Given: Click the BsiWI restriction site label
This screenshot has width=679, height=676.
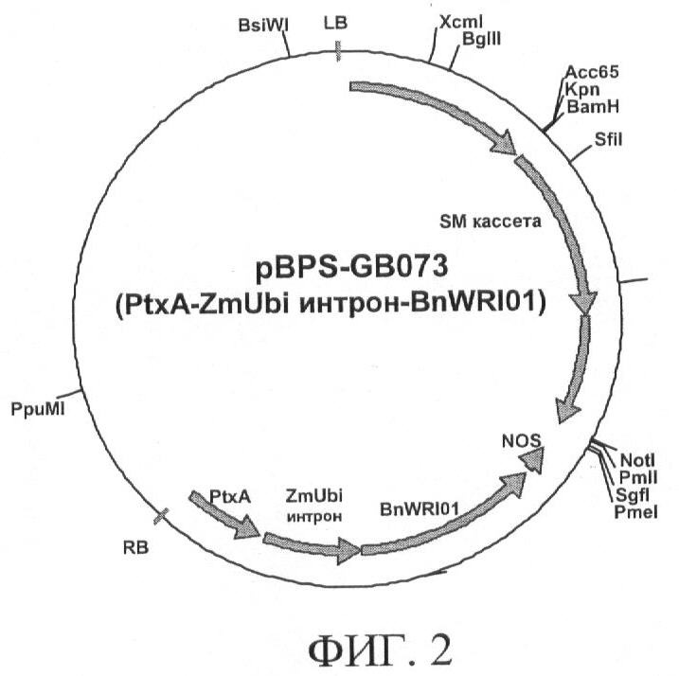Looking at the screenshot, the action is coord(263,26).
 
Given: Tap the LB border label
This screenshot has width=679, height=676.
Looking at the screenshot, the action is coord(335,23).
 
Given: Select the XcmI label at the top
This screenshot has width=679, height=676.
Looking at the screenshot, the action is coord(461,22).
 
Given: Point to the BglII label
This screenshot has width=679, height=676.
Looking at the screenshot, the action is coord(481,40).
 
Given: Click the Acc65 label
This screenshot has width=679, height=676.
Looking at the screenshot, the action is coord(593,72).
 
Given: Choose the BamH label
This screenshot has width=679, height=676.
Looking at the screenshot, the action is coord(593,107).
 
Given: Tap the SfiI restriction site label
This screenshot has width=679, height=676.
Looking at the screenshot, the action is coord(608,140).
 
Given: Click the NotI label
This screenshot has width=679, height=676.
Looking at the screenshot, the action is coord(637,460).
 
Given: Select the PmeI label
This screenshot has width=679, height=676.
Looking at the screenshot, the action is coord(635,512).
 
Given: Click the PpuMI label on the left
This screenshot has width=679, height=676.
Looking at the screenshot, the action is coord(38,409).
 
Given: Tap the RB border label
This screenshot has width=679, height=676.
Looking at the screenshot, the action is coord(136,547).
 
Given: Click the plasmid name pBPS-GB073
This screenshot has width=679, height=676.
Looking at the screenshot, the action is coord(351,266).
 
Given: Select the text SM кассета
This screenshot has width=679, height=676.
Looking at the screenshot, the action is coord(491,222).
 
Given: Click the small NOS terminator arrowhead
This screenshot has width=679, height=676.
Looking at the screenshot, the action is coord(532,460).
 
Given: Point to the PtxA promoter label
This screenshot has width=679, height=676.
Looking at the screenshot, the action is coord(230,496).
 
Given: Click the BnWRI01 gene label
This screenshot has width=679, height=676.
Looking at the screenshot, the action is coord(419,509).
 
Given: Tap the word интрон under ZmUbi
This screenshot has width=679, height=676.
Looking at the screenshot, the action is coord(314,516).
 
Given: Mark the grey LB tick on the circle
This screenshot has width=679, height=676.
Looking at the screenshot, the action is coord(338,51).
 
